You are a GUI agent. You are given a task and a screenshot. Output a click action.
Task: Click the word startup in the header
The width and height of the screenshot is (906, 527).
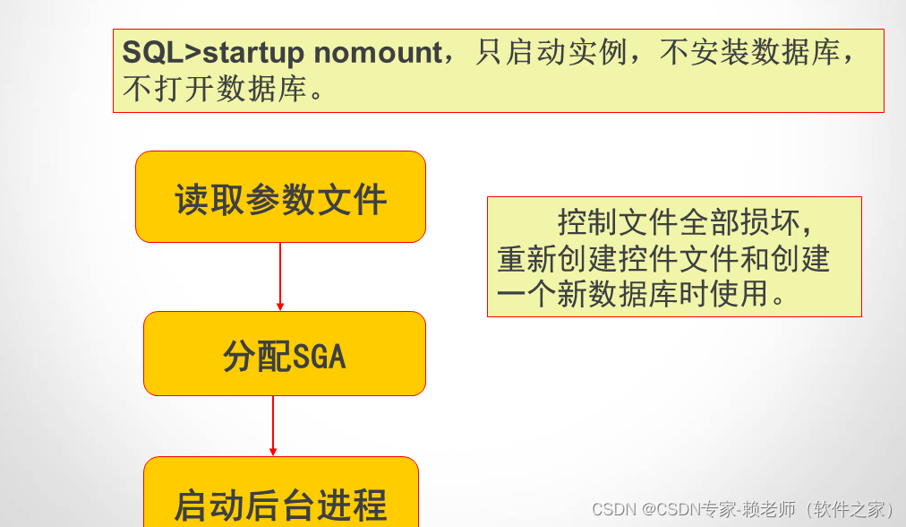click(x=253, y=53)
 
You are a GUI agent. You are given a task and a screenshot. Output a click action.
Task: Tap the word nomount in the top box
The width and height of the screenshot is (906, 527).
click(x=378, y=53)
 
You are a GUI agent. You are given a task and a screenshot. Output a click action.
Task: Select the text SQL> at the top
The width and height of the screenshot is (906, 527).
click(x=162, y=52)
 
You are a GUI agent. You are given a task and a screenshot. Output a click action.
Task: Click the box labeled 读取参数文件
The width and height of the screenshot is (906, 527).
click(x=281, y=196)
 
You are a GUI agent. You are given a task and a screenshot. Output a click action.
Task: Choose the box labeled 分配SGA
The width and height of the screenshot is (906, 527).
click(x=285, y=353)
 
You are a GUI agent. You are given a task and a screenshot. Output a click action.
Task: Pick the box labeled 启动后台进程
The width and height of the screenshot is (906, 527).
click(x=281, y=492)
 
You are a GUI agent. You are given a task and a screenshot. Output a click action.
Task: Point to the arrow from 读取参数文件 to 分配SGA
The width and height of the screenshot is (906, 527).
click(x=280, y=277)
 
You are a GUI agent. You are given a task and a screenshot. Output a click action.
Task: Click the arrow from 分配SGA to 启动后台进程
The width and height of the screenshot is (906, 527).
click(x=273, y=426)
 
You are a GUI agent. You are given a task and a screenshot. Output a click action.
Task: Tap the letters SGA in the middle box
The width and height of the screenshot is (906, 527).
click(x=320, y=357)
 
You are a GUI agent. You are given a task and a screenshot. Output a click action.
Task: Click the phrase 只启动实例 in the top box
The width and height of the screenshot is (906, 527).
click(x=551, y=53)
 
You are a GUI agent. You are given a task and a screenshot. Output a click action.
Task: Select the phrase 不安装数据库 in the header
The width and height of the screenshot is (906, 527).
click(x=749, y=53)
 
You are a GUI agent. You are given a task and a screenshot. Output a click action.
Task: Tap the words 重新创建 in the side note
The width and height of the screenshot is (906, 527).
click(x=557, y=259)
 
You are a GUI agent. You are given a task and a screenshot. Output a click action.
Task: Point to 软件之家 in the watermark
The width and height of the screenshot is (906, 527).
click(x=849, y=509)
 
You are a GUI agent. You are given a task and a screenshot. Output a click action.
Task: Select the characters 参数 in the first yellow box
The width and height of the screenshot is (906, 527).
click(x=280, y=200)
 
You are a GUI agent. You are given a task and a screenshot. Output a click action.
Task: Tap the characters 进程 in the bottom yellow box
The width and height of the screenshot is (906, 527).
click(x=352, y=505)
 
